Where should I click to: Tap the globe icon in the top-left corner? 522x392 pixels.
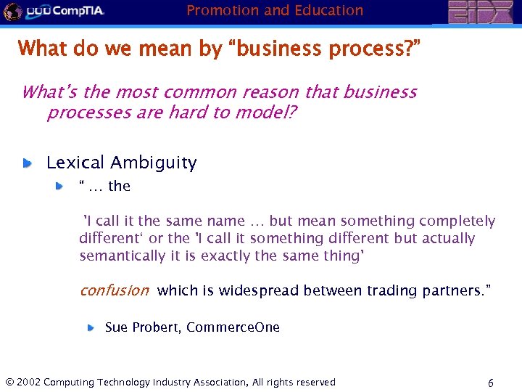click(12, 11)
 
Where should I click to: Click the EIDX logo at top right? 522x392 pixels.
click(478, 12)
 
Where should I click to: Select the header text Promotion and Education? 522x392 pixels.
click(275, 10)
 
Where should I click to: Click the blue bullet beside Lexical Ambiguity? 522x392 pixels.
click(27, 163)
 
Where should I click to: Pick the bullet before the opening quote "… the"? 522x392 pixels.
click(60, 187)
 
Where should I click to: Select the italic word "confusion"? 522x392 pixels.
click(114, 290)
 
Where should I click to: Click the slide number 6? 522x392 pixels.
click(491, 383)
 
